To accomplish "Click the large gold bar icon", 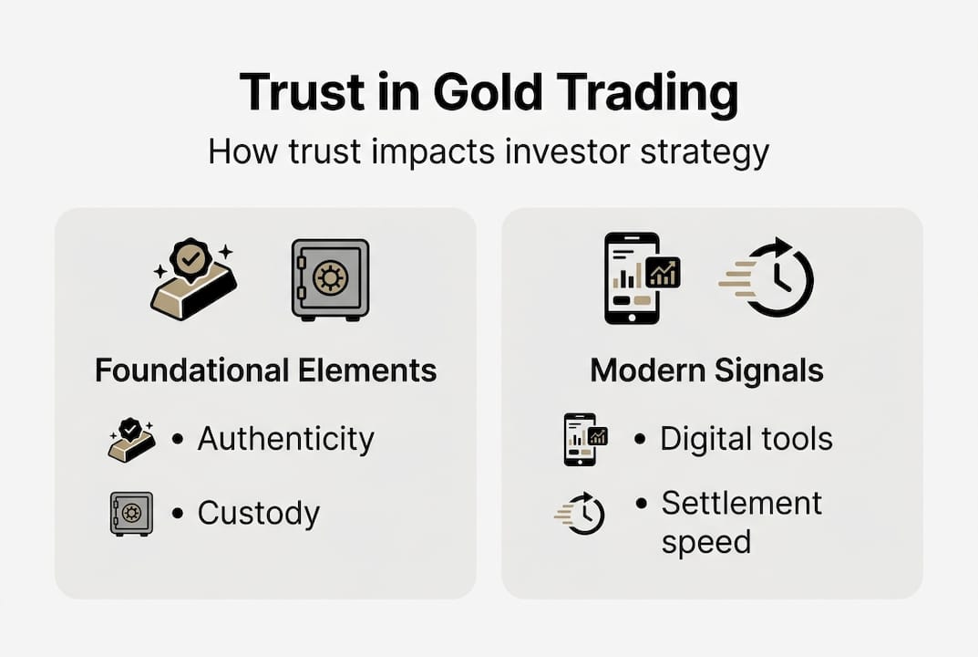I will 193,279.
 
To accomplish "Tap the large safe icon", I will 330,279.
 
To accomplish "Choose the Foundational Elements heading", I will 265,371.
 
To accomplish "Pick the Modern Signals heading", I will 706,371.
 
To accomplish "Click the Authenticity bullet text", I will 285,439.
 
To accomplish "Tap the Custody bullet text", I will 258,513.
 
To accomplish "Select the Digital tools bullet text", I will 746,439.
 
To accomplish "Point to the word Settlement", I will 741,503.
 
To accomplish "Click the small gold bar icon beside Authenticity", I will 131,440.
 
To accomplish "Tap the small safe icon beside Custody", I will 131,513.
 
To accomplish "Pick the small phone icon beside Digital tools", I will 583,439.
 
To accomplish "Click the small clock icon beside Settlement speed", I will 582,515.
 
